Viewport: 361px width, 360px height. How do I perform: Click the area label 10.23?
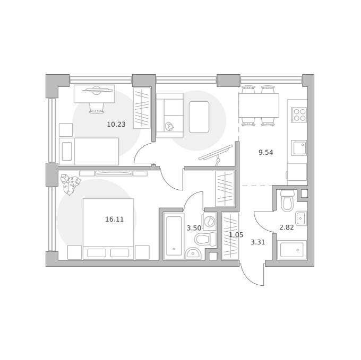pos(116,125)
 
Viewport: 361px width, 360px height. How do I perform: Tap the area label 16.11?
pos(115,219)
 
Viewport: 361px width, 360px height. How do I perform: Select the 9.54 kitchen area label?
pos(265,152)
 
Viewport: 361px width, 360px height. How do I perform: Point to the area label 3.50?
pos(194,228)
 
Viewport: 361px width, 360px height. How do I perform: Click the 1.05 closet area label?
pos(236,235)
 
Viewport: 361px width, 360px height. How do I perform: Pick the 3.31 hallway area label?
pos(257,242)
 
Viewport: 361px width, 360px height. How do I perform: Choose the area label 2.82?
pos(286,227)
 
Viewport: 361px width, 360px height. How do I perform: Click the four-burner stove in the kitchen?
pos(299,115)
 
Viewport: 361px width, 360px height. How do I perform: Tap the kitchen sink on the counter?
pos(299,148)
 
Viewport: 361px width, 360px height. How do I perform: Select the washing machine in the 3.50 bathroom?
pos(210,222)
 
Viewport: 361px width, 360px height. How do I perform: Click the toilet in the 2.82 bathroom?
pos(287,200)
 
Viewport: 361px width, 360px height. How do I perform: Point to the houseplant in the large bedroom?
pos(71,185)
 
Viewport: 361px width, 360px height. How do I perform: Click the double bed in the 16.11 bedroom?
pos(108,229)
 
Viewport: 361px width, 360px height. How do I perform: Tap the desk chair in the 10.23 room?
pos(97,108)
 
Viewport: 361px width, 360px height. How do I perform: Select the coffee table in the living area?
pos(199,117)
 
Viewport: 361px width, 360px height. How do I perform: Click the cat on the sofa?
pos(169,126)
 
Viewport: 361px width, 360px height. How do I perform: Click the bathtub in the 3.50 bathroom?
pos(174,236)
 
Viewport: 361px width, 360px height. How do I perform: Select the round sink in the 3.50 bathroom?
pos(193,253)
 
